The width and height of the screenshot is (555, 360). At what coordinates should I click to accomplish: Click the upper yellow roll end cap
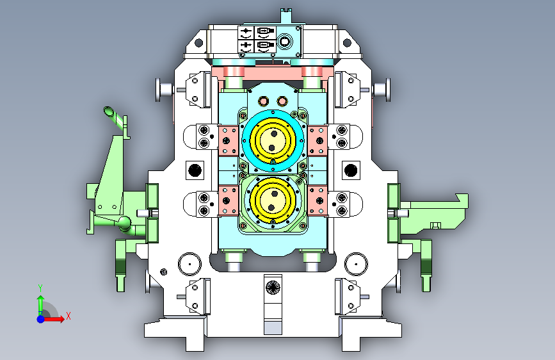coord(273,140)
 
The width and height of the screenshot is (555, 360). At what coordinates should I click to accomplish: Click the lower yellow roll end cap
coord(273,200)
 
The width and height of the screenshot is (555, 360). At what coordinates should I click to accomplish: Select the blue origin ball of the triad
coord(41,319)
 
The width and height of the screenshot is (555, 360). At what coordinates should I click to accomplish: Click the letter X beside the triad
coord(68,316)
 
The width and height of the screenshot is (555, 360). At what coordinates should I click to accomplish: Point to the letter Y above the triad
coord(40,288)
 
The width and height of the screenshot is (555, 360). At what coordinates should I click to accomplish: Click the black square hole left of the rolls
coord(195,170)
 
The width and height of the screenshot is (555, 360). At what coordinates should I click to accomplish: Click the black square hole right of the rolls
coord(351,170)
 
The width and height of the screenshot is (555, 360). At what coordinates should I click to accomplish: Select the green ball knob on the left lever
coord(124,222)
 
